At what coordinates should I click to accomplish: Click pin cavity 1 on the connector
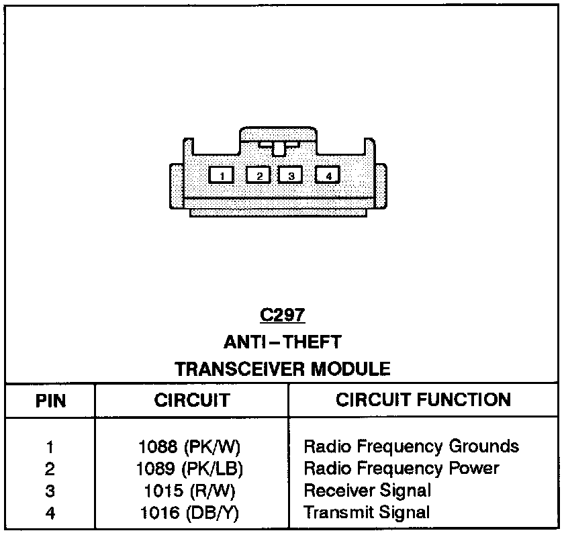pos(222,176)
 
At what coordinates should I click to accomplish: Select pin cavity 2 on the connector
pos(258,176)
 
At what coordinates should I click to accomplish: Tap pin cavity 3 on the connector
pos(291,176)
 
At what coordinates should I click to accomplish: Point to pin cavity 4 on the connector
pos(328,176)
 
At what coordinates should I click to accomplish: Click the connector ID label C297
pos(282,315)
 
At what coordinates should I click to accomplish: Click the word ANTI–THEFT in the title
pos(282,342)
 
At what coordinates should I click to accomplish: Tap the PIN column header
pos(50,401)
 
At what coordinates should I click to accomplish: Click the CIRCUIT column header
pos(192,401)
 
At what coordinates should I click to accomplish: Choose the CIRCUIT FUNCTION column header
pos(423,400)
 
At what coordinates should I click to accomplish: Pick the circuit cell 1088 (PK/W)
pos(190,446)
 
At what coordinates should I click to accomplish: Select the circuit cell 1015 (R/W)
pos(190,491)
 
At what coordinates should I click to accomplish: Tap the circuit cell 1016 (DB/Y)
pos(190,513)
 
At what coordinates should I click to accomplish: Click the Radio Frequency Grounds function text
pos(412,446)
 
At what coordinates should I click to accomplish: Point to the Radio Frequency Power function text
pos(402,468)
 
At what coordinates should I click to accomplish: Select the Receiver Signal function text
pos(367,491)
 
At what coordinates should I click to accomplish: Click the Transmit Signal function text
pos(367,513)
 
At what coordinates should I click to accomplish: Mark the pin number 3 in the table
pos(50,491)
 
